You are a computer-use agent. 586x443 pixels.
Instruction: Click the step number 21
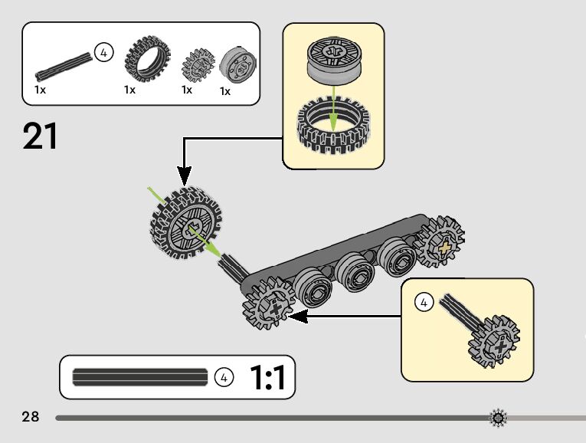point(41,136)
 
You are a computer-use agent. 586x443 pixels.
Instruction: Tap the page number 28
point(31,417)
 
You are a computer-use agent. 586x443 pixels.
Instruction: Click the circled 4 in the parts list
point(103,53)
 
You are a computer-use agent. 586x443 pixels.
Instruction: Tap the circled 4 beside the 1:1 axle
point(224,377)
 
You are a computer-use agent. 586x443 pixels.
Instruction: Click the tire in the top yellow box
point(333,126)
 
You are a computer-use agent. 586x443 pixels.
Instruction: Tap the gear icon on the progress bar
point(499,418)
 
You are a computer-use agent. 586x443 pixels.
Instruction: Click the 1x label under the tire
point(130,90)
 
